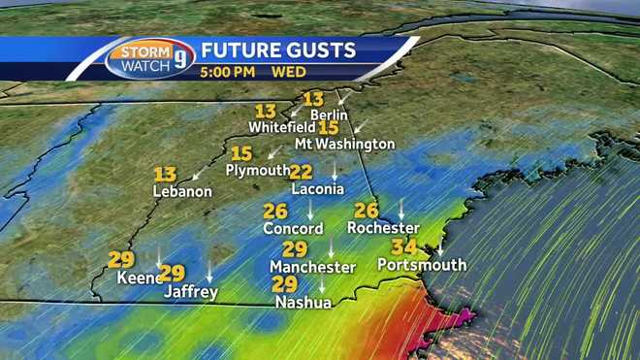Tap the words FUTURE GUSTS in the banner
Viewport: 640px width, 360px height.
coord(278,49)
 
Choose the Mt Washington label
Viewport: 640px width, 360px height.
coord(358,144)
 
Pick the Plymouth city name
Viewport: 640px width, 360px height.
coord(258,170)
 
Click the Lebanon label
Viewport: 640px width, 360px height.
coord(182,192)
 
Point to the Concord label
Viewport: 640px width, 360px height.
coord(293,229)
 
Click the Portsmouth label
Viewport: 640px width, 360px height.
coord(422,265)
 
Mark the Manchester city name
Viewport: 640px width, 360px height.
coord(313,267)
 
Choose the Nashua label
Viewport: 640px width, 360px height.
coord(302,303)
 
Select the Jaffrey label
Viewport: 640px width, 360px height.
coord(190,291)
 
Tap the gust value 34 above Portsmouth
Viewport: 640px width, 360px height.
coord(403,247)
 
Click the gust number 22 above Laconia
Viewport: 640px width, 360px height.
coord(301,172)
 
